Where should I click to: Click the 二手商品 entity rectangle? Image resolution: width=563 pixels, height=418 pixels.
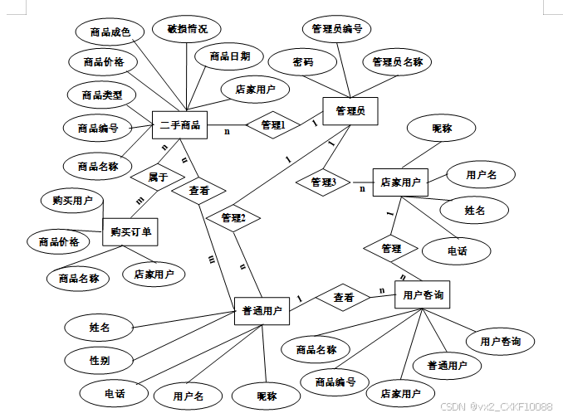180,125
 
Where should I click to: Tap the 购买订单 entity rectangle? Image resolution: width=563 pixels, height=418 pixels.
130,233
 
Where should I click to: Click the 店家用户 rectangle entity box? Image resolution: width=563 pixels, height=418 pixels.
400,182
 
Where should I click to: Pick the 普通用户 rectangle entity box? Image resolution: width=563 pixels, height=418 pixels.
261,311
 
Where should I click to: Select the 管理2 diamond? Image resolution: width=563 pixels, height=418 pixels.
233,218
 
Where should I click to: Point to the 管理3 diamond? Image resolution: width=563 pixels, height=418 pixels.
323,182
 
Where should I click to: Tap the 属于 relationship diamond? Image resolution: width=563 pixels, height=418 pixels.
158,177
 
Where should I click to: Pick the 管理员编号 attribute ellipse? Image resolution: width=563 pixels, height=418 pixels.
335,29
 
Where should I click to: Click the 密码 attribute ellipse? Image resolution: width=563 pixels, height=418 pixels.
302,62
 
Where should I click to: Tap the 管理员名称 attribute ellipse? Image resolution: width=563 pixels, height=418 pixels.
397,62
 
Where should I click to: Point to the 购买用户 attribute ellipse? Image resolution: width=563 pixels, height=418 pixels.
72,201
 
